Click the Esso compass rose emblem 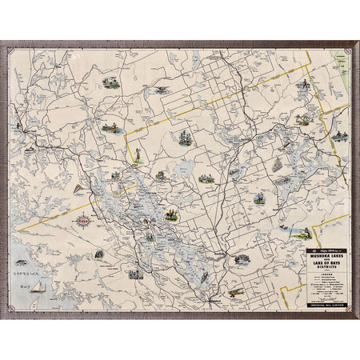pos(83,220)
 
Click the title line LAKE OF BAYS pos(326,264)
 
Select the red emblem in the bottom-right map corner pos(346,307)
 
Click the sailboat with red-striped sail pos(78,190)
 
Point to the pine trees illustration pos(186,138)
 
